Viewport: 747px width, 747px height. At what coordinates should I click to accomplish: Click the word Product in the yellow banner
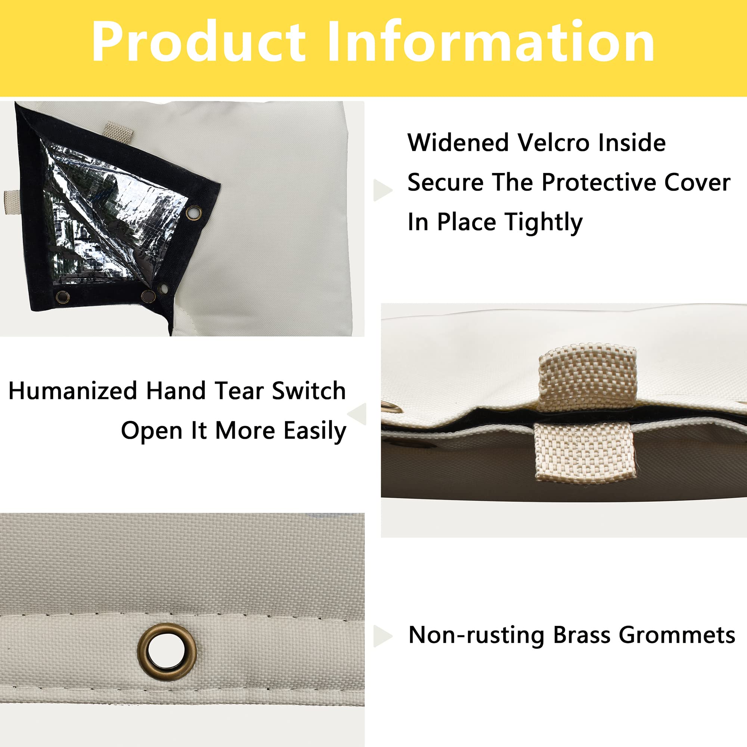point(198,42)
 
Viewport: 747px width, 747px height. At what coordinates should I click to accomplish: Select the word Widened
point(458,143)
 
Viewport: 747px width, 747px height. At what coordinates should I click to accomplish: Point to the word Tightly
point(543,223)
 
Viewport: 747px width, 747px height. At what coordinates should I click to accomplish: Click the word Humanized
point(73,391)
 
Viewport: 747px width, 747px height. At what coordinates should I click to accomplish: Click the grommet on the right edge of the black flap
point(193,212)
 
